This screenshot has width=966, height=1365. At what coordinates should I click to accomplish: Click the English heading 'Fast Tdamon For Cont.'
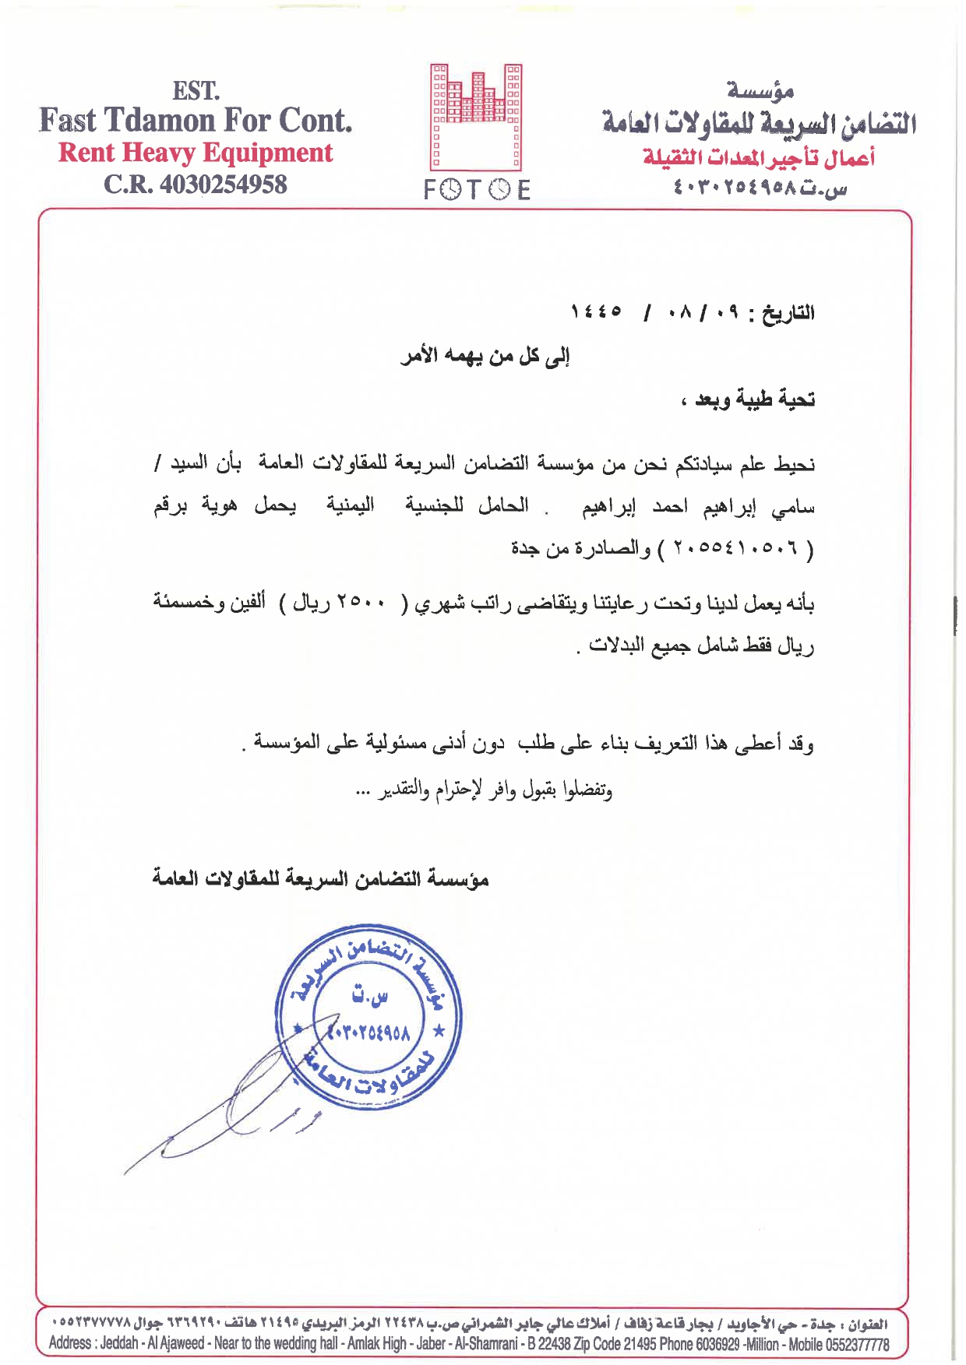(196, 121)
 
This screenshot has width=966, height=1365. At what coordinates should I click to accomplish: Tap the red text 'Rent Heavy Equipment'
(196, 153)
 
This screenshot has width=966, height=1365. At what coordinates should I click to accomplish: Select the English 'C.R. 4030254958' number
(196, 185)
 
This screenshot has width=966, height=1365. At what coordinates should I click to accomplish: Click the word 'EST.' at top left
(196, 91)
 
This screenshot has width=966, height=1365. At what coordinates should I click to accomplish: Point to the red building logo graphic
(476, 117)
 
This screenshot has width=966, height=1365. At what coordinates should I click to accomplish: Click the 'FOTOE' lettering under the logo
(477, 190)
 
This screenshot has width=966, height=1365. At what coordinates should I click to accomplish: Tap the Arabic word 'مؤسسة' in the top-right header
(760, 90)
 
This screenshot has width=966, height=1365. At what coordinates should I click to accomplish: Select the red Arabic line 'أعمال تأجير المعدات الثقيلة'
(759, 157)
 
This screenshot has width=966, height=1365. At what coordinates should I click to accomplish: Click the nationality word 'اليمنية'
(350, 506)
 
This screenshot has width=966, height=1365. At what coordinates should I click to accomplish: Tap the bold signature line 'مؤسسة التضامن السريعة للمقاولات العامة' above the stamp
(320, 879)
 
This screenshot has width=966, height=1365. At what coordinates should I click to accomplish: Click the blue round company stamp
(368, 1021)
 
